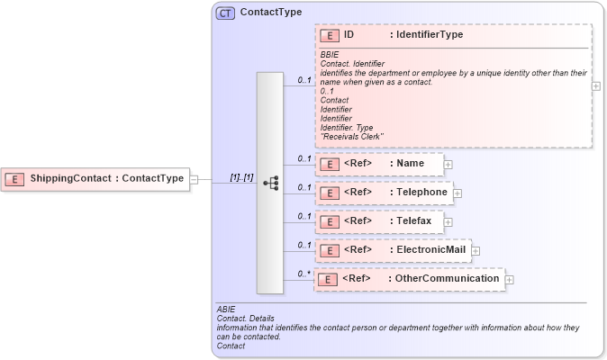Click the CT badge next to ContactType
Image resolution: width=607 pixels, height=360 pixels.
point(225,13)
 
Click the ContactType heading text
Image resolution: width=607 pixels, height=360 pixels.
point(271,13)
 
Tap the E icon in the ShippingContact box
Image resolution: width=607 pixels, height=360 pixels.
point(14,179)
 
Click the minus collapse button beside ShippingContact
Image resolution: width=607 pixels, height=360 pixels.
point(194,179)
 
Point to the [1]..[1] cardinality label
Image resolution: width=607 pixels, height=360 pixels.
point(241,177)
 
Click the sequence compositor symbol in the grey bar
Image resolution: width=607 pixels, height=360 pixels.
point(270,183)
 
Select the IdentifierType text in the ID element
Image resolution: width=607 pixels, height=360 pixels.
point(426,34)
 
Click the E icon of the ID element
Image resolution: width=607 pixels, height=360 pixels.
point(330,35)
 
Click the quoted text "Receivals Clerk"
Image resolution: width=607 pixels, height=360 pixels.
point(352,137)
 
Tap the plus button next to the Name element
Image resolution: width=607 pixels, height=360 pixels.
point(448,165)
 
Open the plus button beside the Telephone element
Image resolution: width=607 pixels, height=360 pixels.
point(458,193)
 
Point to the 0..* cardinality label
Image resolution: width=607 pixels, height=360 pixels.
point(304,274)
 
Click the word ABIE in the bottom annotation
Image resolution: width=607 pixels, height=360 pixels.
point(226,309)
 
